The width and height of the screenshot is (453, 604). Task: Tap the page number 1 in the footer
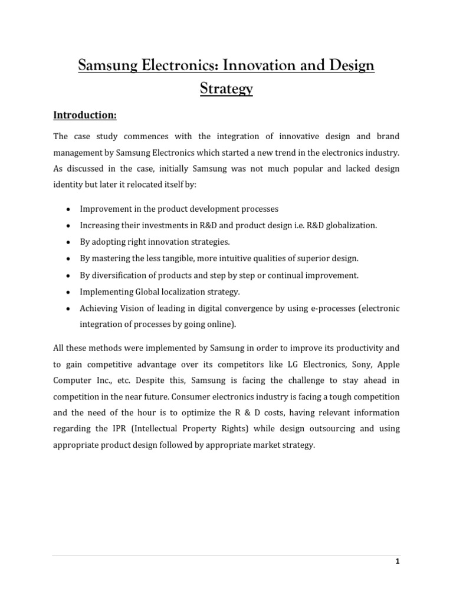pyautogui.click(x=398, y=561)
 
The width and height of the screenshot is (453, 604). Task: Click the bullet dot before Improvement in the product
pyautogui.click(x=69, y=209)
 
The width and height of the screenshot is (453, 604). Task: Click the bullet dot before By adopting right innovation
pyautogui.click(x=69, y=242)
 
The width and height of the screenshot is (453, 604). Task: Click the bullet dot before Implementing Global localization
pyautogui.click(x=69, y=292)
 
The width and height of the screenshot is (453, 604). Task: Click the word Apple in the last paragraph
pyautogui.click(x=389, y=365)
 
